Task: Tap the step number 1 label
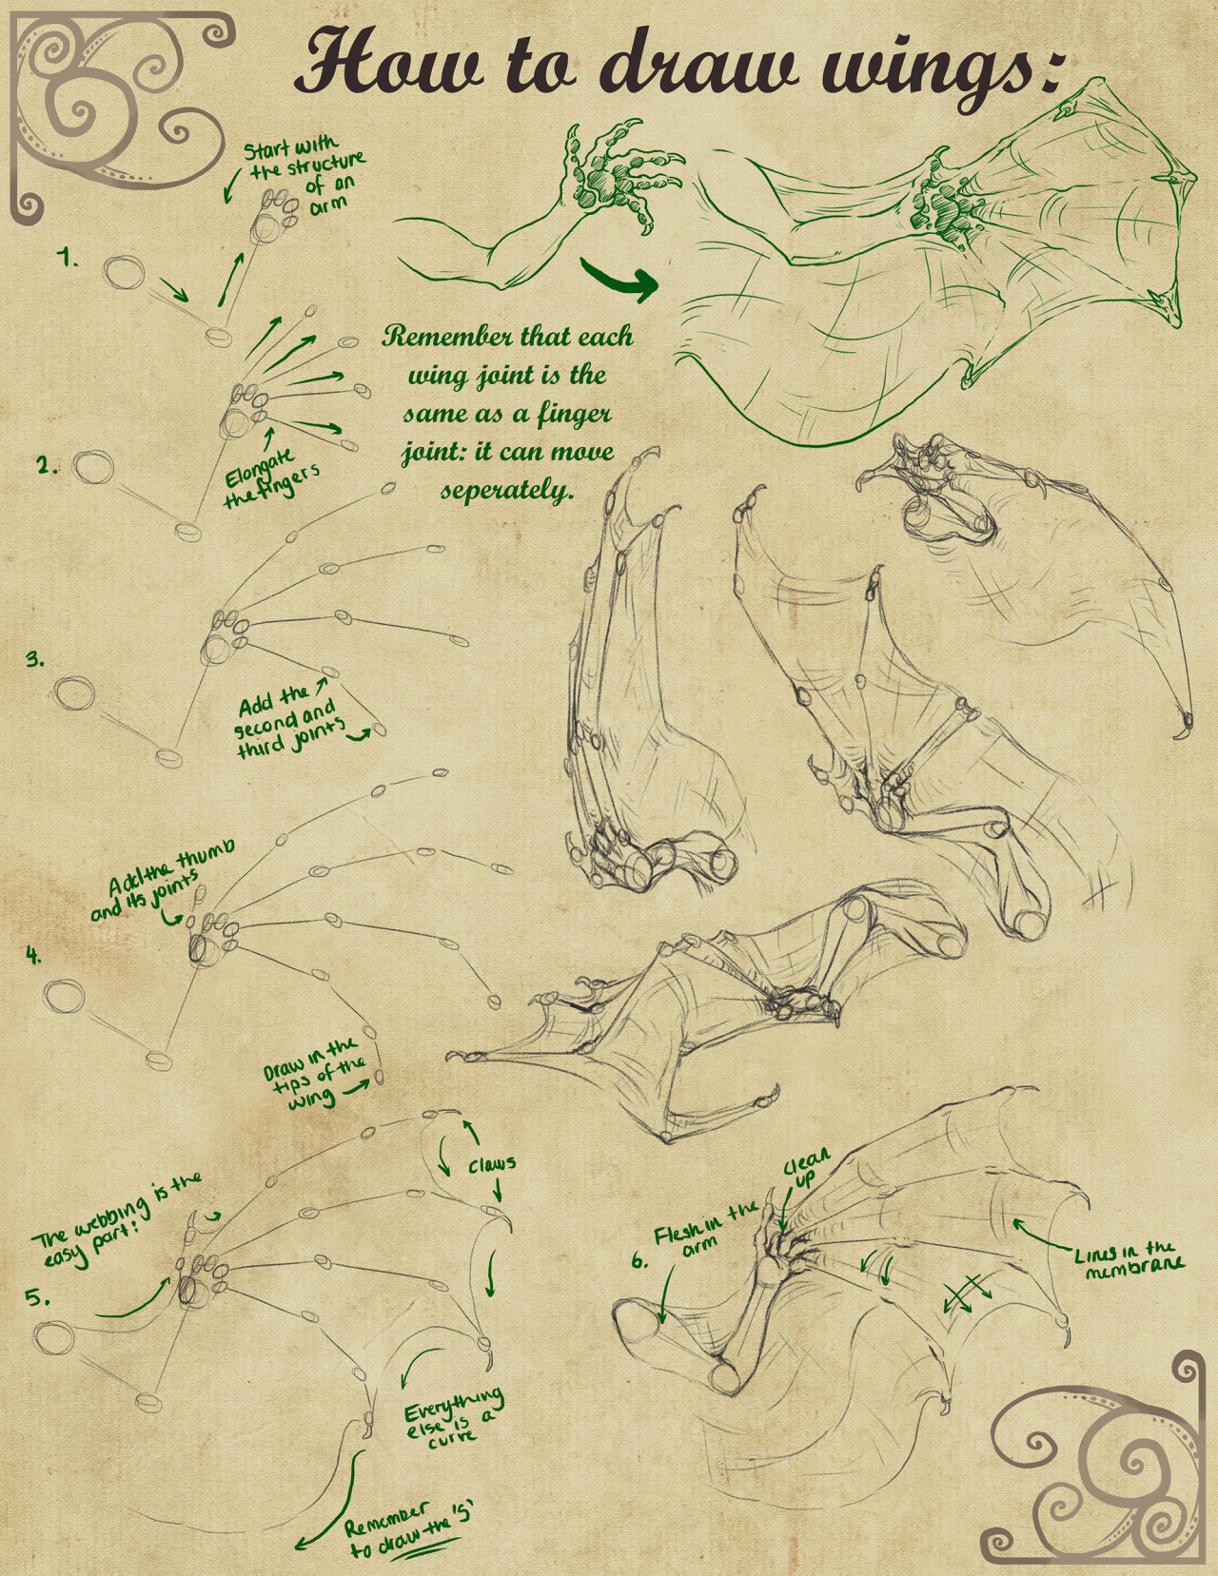click(x=69, y=258)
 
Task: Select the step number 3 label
click(x=35, y=660)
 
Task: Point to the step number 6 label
click(x=638, y=1261)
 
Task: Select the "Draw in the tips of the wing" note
click(x=315, y=1077)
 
